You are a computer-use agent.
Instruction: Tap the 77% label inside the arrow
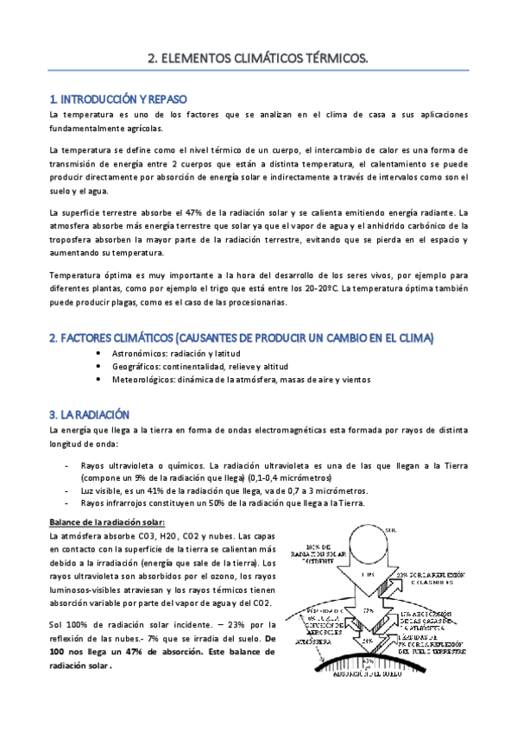[x=369, y=609]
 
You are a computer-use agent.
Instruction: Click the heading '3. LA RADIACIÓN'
[x=89, y=413]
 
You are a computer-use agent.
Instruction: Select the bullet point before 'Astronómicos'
[x=104, y=354]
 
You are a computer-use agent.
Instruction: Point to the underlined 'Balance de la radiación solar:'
[x=107, y=522]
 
